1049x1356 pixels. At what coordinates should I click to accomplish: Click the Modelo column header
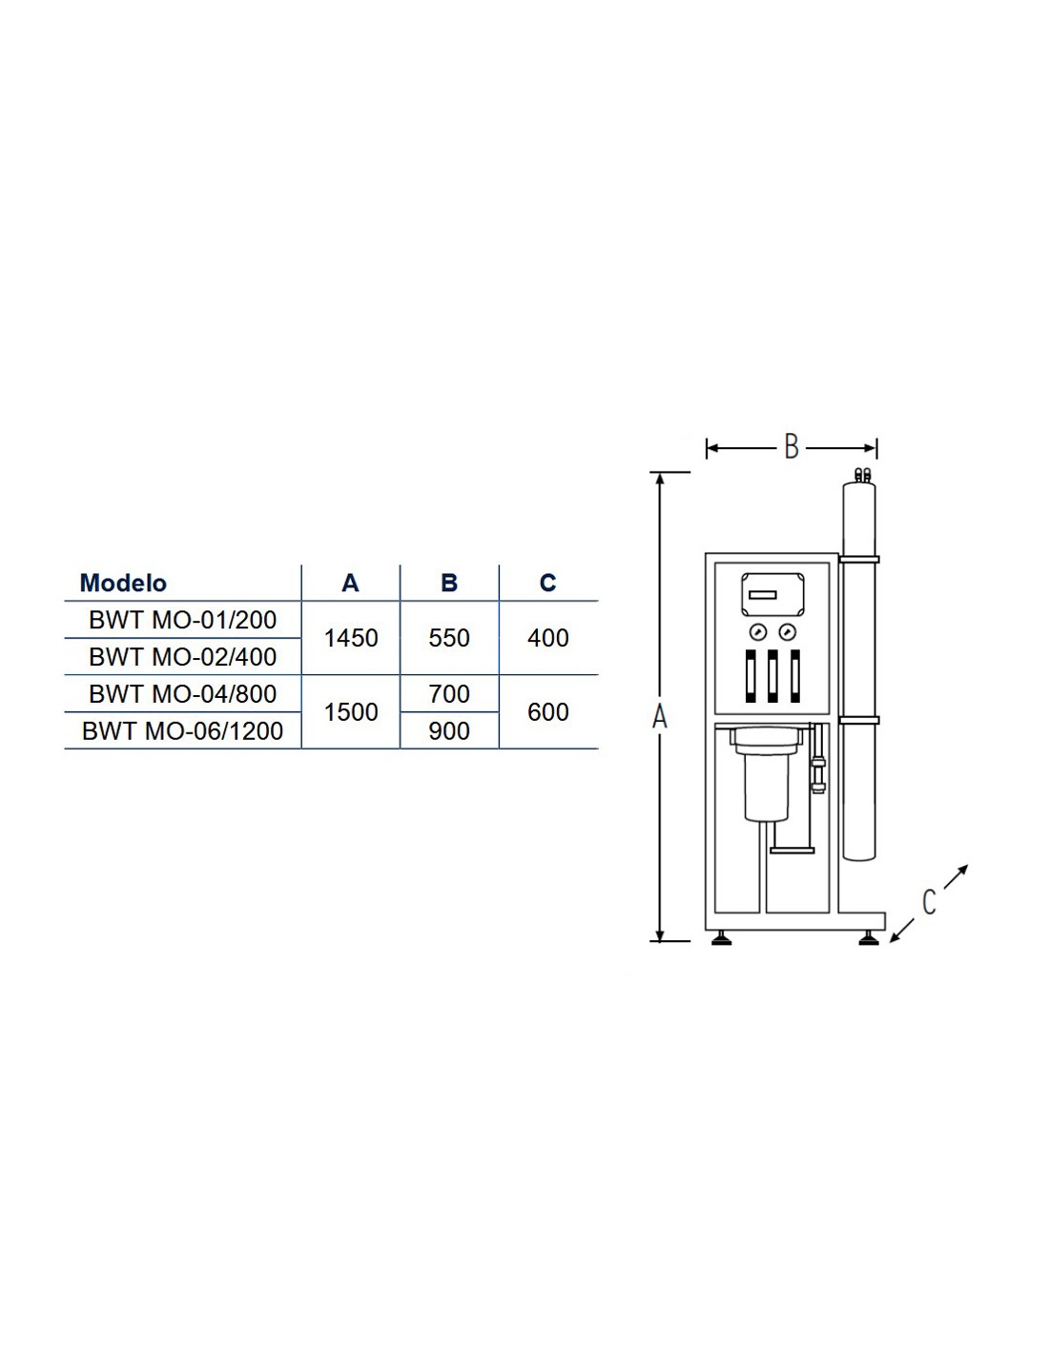tap(123, 583)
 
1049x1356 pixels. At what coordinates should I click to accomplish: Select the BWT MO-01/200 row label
tap(183, 620)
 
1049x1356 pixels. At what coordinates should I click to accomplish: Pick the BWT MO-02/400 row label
tap(183, 656)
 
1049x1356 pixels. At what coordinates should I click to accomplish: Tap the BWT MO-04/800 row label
tap(183, 693)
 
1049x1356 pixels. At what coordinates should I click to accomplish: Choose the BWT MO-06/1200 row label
tap(183, 730)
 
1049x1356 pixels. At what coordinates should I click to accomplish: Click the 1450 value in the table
tap(351, 638)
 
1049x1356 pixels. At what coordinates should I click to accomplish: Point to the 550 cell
tap(449, 638)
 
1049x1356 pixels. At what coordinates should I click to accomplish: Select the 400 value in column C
tap(548, 638)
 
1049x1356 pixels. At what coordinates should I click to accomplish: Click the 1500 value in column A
tap(351, 712)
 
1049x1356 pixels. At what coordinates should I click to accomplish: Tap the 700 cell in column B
tap(449, 693)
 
